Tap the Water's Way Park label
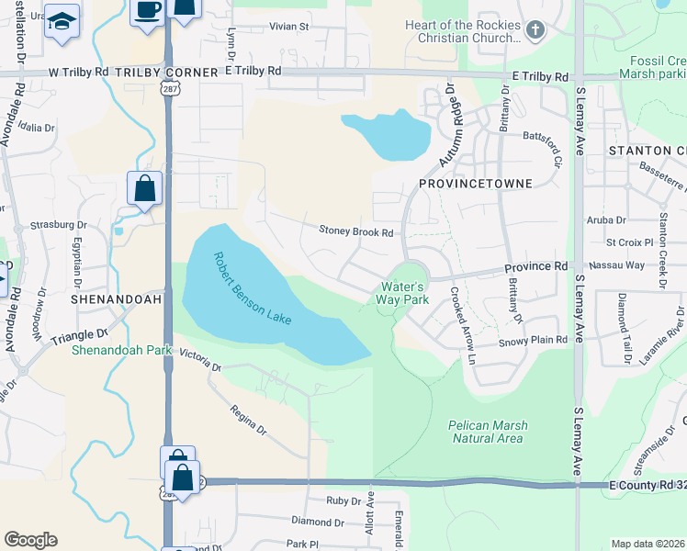pyautogui.click(x=405, y=293)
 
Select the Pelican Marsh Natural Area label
pyautogui.click(x=487, y=432)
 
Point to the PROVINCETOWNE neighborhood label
pyautogui.click(x=475, y=184)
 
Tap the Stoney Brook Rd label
pyautogui.click(x=355, y=231)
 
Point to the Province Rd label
pyautogui.click(x=536, y=266)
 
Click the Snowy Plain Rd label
pyautogui.click(x=533, y=340)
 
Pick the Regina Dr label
pyautogui.click(x=248, y=422)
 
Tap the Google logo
pyautogui.click(x=30, y=540)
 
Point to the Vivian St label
pyautogui.click(x=289, y=27)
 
